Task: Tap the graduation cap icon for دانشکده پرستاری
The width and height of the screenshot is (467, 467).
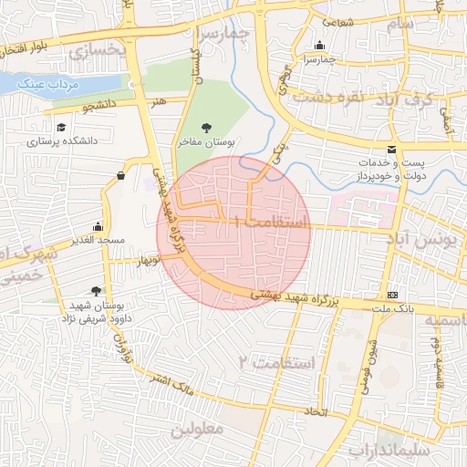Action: point(61,128)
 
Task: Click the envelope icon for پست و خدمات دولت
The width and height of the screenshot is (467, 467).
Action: point(392,150)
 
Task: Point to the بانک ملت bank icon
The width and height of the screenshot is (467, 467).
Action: point(393,295)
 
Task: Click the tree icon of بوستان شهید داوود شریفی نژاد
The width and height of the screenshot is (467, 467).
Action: point(96,292)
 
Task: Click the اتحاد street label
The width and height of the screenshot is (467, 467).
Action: point(317,412)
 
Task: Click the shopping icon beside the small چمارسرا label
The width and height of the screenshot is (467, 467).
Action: point(319,46)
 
